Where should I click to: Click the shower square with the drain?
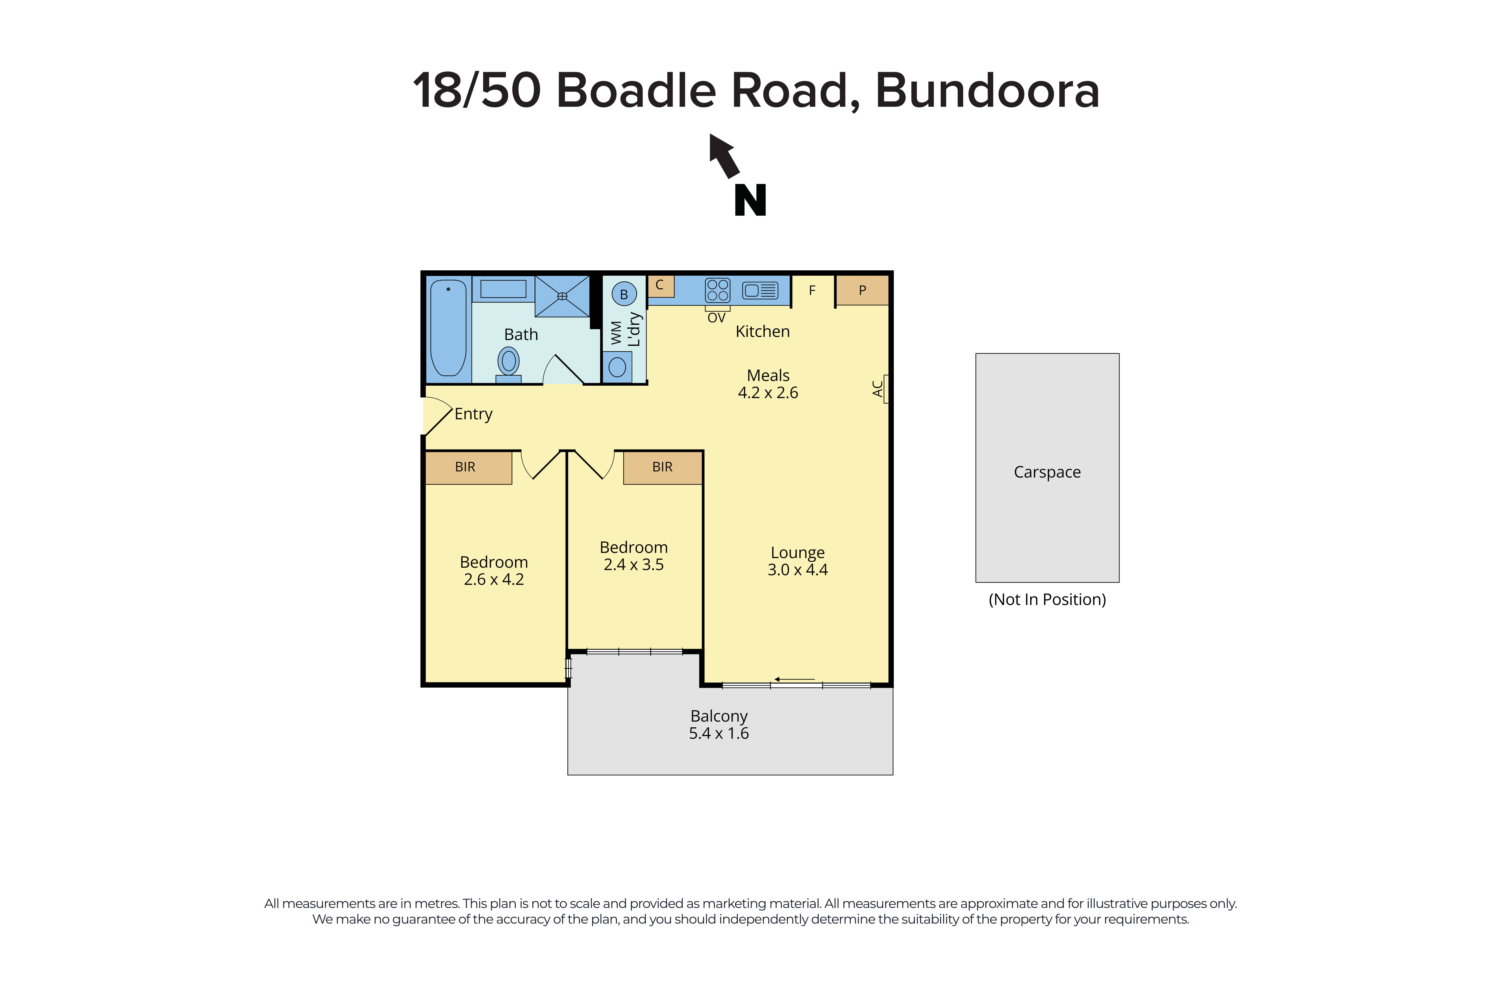click(x=562, y=296)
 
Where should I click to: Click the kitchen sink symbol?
click(x=760, y=291)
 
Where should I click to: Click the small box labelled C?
click(x=660, y=285)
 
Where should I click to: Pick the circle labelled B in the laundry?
click(x=624, y=294)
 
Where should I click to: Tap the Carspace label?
click(x=1047, y=472)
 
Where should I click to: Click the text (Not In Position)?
click(x=1047, y=600)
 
